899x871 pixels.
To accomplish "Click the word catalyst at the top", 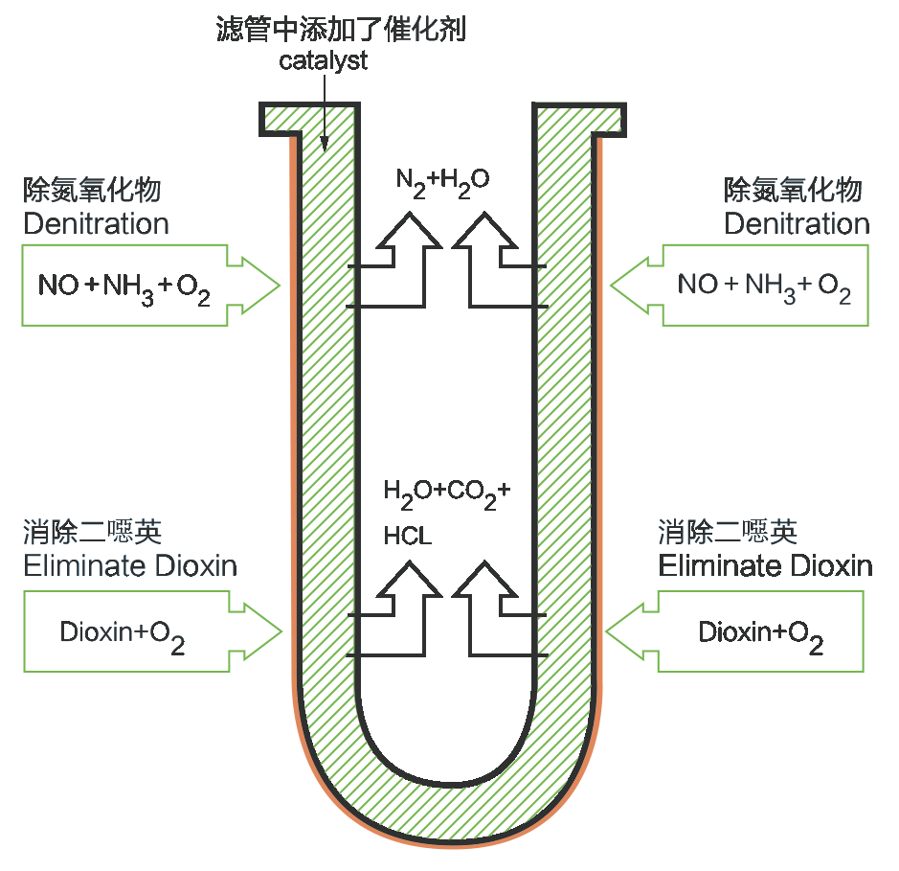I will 323,61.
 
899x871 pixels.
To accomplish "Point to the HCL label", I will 408,536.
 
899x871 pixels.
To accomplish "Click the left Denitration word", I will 96,224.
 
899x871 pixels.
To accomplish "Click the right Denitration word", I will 797,224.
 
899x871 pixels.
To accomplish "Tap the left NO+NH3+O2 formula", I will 124,287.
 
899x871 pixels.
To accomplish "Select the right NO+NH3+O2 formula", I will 764,287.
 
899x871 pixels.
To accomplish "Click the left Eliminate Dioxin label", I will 130,565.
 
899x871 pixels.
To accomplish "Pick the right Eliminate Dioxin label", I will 765,565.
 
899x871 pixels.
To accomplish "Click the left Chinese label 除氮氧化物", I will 92,190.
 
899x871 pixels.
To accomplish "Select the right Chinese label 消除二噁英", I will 728,532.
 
